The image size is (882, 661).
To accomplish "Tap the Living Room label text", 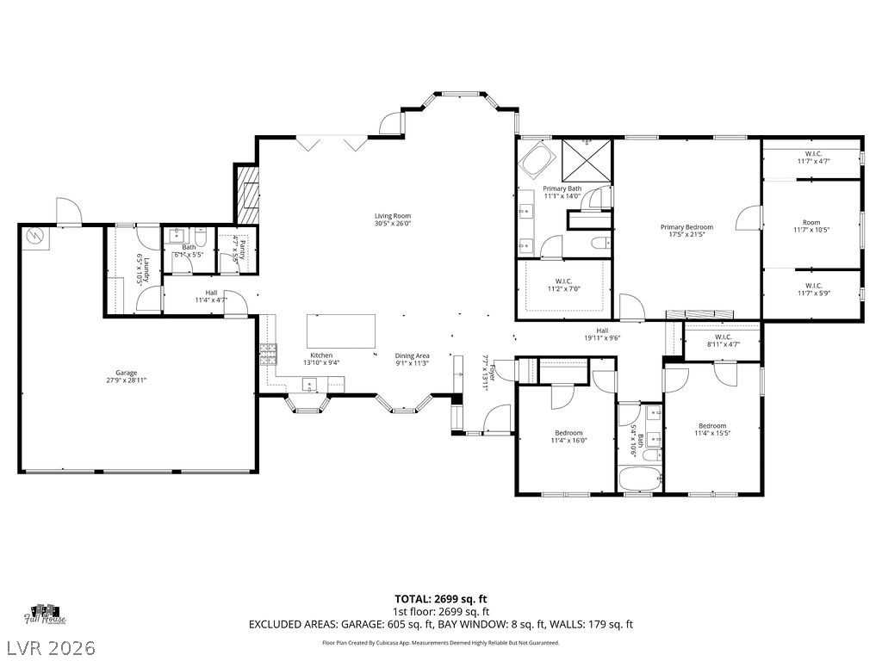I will (x=392, y=219).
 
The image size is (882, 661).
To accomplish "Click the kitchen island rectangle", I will (x=342, y=330).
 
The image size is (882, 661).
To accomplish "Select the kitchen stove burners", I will (x=267, y=351).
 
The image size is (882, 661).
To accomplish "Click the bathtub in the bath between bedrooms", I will (x=639, y=479).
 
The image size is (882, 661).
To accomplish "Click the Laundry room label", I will (x=143, y=269).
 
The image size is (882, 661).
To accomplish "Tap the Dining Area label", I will (x=412, y=359).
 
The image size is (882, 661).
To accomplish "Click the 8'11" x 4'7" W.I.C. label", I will (x=721, y=341).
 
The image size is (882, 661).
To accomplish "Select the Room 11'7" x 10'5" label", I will (x=811, y=225).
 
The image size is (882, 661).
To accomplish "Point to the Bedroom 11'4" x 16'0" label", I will (x=568, y=436).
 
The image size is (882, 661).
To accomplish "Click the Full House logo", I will (x=46, y=614).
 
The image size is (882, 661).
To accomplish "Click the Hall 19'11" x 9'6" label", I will (x=602, y=334).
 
